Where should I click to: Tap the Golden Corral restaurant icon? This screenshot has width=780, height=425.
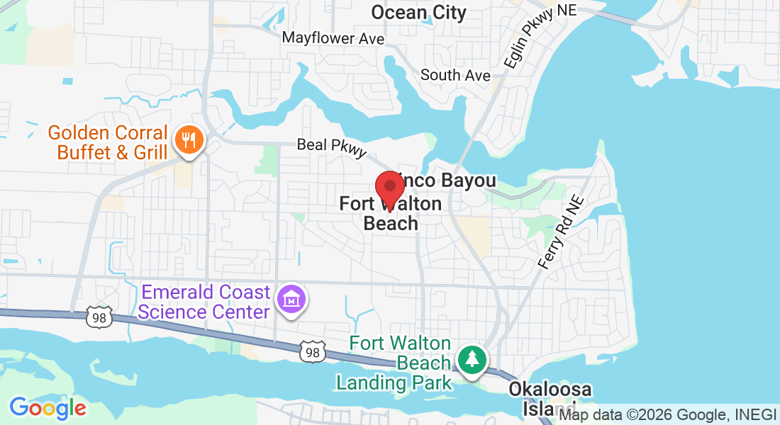click(188, 140)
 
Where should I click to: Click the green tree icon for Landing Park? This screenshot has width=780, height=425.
click(471, 359)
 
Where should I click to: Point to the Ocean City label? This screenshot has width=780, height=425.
click(419, 12)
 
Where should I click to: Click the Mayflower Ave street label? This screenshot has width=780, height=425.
click(333, 38)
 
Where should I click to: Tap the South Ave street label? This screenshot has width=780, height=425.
click(455, 74)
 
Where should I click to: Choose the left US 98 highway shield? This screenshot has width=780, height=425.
click(99, 318)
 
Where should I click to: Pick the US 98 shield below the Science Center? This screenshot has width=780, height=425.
click(313, 351)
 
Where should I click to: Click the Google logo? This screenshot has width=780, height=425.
click(48, 407)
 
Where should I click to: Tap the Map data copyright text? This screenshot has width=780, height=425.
click(667, 415)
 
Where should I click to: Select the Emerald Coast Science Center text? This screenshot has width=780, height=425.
click(205, 302)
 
